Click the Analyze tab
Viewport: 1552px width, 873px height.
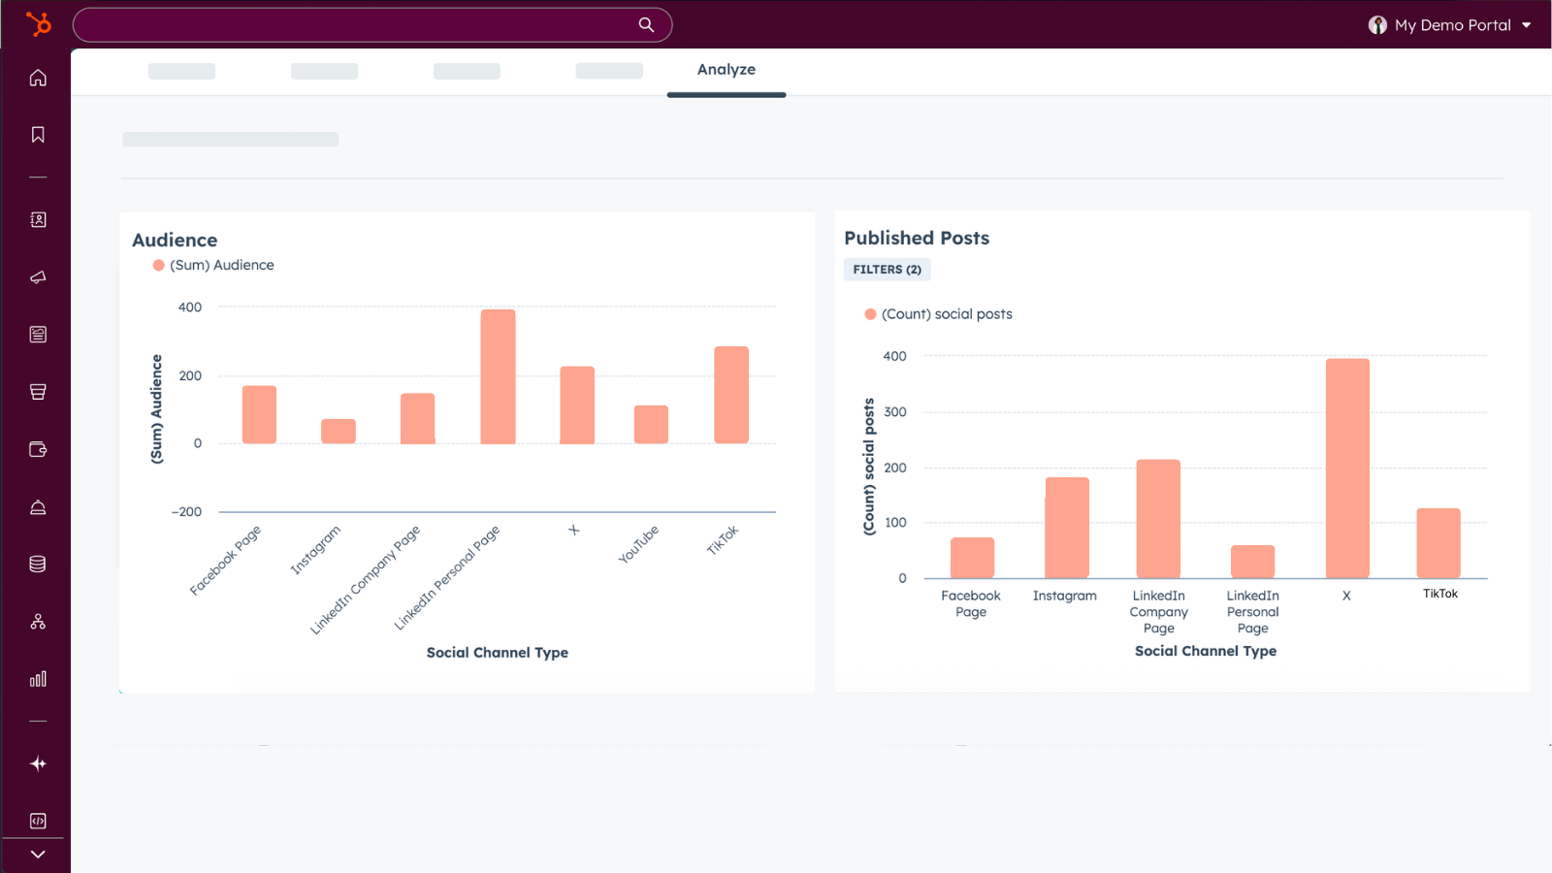[726, 70]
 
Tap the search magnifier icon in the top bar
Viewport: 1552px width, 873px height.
[646, 25]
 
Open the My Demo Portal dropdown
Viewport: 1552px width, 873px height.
[1450, 25]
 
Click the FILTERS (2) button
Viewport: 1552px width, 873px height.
[887, 270]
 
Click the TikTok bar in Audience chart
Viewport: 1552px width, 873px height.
[731, 395]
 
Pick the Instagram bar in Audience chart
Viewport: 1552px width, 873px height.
[339, 432]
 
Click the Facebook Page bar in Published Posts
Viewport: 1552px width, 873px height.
[972, 558]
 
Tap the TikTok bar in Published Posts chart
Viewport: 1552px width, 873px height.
[1438, 543]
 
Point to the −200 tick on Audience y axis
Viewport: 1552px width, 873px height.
[186, 512]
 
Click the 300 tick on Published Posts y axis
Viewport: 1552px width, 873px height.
[894, 412]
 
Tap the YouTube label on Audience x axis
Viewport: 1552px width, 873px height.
[638, 544]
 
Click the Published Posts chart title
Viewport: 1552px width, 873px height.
[917, 238]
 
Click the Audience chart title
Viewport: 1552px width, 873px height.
[175, 240]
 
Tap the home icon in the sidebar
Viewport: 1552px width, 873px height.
[38, 78]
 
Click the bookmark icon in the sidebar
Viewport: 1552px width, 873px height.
[38, 135]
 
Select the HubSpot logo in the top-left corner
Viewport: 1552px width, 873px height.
[38, 24]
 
